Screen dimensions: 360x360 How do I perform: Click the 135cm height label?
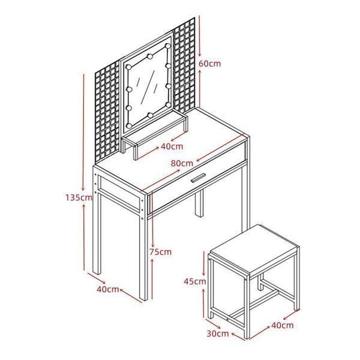pos(79,197)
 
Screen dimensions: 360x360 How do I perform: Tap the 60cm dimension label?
pos(209,64)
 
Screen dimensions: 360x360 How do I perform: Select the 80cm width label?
pos(182,163)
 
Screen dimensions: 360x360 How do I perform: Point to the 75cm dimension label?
pos(160,252)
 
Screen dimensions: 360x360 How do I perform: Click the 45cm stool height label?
pos(195,281)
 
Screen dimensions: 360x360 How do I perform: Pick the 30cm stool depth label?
pos(218,334)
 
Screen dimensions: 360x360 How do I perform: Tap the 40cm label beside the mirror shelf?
pos(172,146)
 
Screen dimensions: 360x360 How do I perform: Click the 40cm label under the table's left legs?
pos(107,289)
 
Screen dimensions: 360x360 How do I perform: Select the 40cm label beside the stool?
pos(283,325)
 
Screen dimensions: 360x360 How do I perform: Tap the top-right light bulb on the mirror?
pos(168,46)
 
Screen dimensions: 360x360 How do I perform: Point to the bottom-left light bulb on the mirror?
pos(129,126)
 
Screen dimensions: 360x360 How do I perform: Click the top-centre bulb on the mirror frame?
pos(150,56)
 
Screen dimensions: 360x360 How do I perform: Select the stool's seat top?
pos(254,249)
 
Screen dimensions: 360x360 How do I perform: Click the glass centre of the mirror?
pos(148,86)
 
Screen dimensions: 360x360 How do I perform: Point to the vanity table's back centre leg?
pos(199,203)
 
